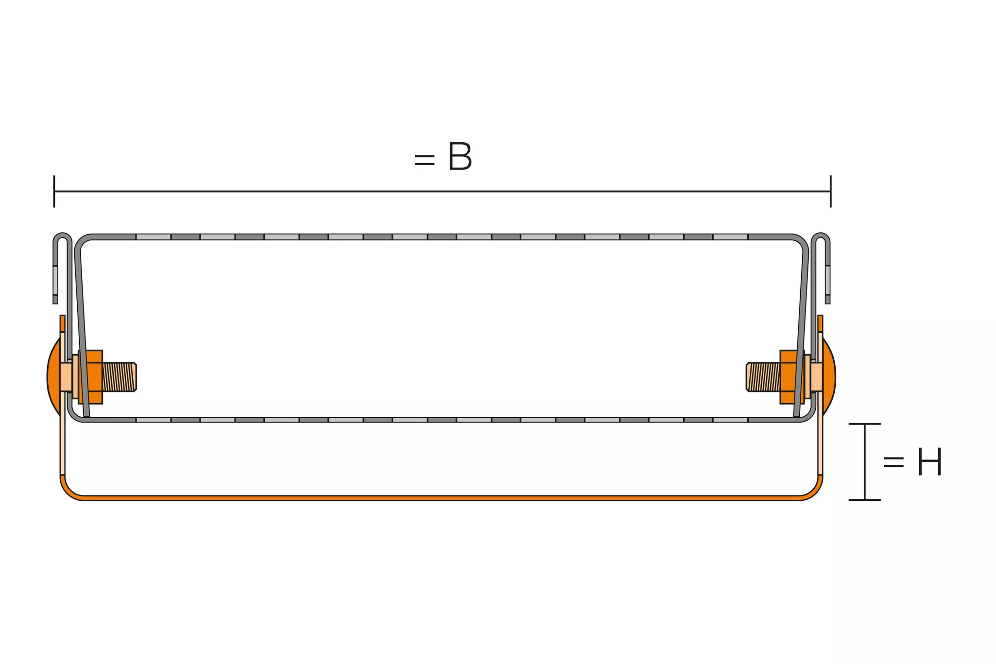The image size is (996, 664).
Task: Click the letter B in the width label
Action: point(460,157)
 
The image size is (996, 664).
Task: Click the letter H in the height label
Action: point(929,462)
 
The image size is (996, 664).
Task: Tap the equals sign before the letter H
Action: point(893,462)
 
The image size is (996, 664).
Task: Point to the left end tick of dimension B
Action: point(54,191)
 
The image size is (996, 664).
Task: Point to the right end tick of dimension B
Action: point(830,191)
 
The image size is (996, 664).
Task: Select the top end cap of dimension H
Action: point(864,424)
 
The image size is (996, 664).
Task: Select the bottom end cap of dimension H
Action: point(864,500)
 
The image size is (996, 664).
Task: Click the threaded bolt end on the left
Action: point(120,377)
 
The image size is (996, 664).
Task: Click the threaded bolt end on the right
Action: point(763,377)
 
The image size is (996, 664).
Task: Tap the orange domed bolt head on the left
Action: point(52,377)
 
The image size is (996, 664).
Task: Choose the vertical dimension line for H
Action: point(864,461)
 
